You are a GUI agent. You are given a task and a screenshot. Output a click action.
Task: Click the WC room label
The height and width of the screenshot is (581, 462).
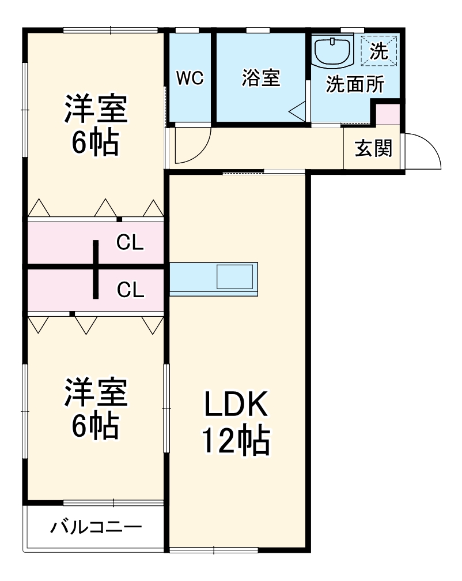pyautogui.click(x=190, y=78)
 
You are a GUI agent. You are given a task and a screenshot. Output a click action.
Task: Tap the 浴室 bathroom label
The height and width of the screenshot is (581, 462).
pyautogui.click(x=260, y=78)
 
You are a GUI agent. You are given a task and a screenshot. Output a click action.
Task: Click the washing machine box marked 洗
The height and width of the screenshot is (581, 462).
pyautogui.click(x=379, y=51)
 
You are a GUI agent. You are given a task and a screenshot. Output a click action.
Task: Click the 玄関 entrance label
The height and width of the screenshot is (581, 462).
pyautogui.click(x=373, y=149)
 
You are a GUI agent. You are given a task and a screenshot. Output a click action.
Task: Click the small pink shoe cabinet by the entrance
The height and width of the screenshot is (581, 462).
pyautogui.click(x=387, y=114)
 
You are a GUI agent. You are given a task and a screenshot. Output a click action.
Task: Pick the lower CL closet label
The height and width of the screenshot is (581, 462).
pyautogui.click(x=130, y=290)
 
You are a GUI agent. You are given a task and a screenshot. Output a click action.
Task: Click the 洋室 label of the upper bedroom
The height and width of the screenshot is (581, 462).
pyautogui.click(x=95, y=109)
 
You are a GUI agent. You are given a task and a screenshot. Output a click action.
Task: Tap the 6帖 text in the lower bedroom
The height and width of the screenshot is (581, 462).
pyautogui.click(x=95, y=426)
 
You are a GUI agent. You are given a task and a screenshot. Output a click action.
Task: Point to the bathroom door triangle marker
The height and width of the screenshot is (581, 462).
pyautogui.click(x=297, y=111)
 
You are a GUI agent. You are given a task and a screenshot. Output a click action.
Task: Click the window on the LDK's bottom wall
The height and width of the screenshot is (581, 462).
pyautogui.click(x=213, y=549)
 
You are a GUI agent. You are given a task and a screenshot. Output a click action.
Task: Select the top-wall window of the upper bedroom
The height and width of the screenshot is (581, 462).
pyautogui.click(x=110, y=30)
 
